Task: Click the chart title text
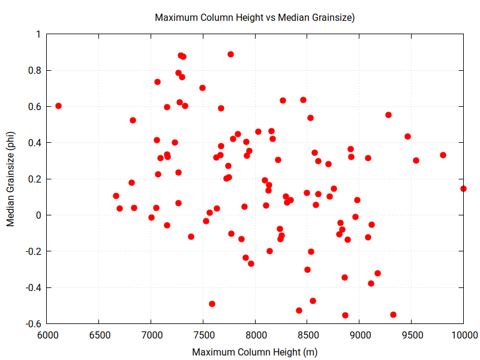pos(255,17)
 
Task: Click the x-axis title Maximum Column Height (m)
pos(255,352)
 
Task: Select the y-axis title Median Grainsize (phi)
pos(11,179)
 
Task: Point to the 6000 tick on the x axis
pos(47,334)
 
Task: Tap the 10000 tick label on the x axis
pos(463,334)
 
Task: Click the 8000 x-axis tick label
pos(256,334)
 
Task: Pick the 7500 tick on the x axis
pos(203,334)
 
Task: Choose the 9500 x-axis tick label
pos(412,334)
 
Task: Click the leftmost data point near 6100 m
pos(58,106)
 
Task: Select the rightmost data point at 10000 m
pos(463,188)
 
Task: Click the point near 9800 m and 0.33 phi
pos(443,155)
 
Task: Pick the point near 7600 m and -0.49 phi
pos(212,304)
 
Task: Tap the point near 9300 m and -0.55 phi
pos(393,314)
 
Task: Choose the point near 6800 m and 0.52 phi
pos(133,120)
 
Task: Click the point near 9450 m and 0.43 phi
pos(407,136)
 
